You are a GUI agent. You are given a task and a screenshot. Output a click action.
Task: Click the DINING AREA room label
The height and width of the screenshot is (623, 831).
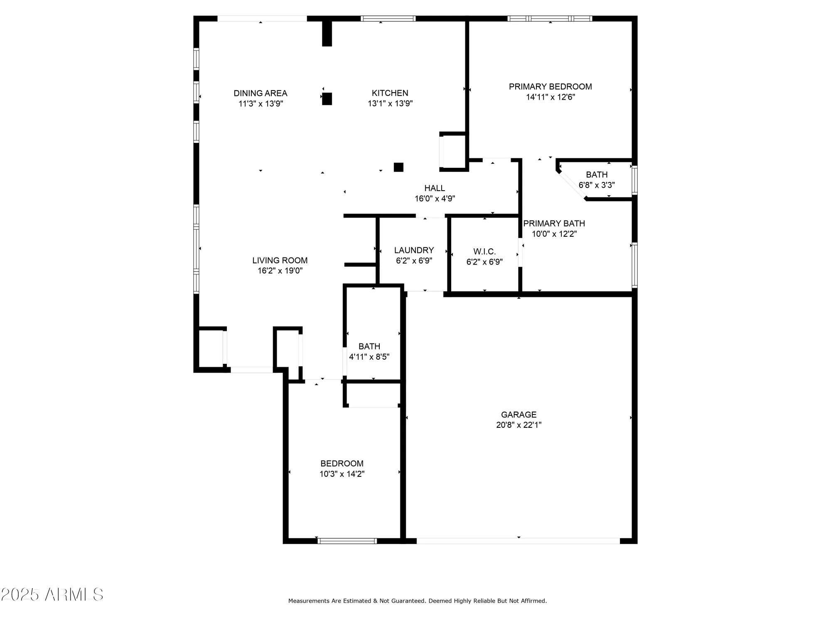pos(261,93)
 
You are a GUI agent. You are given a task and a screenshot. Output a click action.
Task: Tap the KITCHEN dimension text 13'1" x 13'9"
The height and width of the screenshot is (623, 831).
pos(390,103)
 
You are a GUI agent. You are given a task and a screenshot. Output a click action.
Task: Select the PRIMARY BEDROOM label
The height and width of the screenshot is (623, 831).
pos(550,86)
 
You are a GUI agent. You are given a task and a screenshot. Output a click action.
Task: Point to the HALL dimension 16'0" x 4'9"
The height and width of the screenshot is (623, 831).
pos(435,199)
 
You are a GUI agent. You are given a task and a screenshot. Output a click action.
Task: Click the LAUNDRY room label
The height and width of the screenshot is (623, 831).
pos(414,250)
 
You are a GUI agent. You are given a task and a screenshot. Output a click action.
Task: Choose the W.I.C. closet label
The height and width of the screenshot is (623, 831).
pos(484,252)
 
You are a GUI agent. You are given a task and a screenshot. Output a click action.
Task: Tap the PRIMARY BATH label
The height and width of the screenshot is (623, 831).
pos(554,223)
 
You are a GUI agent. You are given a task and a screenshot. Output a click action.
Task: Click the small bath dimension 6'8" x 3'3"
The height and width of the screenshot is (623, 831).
pos(597,185)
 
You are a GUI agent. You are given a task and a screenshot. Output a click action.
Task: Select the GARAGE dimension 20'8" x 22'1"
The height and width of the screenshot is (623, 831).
pos(519,425)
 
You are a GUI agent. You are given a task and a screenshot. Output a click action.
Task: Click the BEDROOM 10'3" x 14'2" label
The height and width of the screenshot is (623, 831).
pos(342,464)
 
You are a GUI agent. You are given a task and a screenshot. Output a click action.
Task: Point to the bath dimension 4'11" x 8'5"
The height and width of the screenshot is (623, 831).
pos(369,357)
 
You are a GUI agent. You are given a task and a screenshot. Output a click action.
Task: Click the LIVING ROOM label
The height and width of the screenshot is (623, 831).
pos(280,260)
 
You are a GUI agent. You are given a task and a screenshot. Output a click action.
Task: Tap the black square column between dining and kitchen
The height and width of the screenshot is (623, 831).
pos(327,99)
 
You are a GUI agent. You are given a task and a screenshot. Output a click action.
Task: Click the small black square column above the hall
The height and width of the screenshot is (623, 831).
pos(398,167)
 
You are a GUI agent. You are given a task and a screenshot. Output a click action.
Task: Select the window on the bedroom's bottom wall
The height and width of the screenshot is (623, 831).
pos(347,541)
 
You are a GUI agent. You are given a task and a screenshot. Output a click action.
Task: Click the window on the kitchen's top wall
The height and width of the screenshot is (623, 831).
pos(388,18)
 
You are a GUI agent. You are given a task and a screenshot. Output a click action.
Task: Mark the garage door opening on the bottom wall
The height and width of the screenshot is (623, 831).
pos(518,541)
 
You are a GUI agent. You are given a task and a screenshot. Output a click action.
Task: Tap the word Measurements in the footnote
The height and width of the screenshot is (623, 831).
pos(309,601)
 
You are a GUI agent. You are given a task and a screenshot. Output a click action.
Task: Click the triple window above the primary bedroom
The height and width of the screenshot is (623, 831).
pos(550,18)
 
